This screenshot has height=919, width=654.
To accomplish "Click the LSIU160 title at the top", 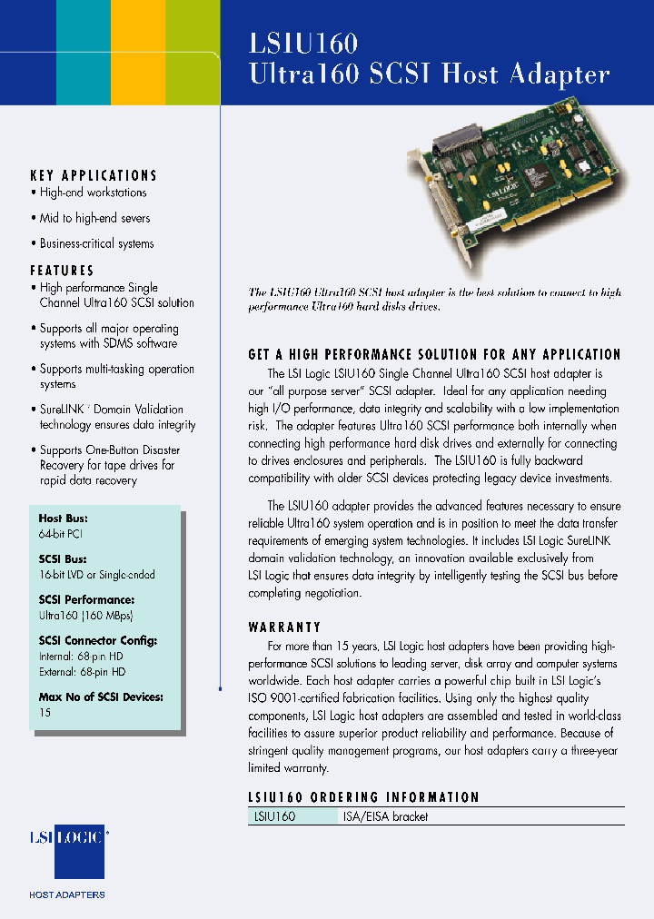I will (x=303, y=43).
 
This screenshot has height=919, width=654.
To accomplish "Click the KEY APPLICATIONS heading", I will (x=94, y=175).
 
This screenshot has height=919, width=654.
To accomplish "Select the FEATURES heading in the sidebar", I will (x=62, y=271).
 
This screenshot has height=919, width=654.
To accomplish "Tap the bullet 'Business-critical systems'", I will (x=96, y=243).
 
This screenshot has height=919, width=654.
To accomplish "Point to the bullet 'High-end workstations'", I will (x=93, y=193).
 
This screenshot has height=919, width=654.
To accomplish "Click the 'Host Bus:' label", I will (x=63, y=519).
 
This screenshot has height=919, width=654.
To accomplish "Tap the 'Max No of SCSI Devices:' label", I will (x=101, y=697).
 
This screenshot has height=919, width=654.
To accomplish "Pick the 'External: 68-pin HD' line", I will (x=83, y=672).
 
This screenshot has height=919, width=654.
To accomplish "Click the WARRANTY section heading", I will (x=284, y=627).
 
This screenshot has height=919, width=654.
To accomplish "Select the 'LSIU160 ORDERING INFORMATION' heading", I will (x=363, y=797).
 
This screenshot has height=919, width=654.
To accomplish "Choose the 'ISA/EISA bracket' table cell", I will (x=385, y=816).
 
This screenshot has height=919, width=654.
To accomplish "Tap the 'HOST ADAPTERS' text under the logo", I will (x=67, y=894).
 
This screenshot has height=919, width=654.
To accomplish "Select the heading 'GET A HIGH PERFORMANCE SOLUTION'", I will (x=434, y=355).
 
